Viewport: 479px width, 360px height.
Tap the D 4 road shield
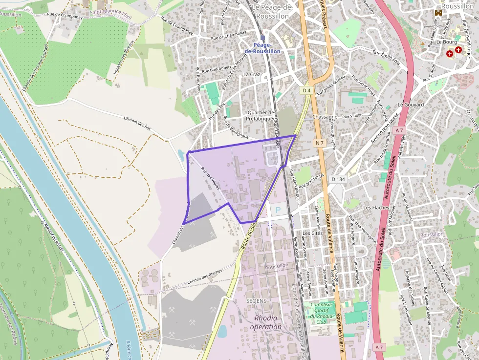tap(306, 90)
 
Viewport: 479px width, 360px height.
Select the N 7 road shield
tap(320, 143)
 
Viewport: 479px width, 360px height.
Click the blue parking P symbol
tap(278, 210)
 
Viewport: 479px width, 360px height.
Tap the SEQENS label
tap(257, 300)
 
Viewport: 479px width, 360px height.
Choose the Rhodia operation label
tap(266, 322)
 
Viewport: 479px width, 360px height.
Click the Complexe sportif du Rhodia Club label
tap(321, 313)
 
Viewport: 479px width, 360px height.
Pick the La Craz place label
tap(252, 74)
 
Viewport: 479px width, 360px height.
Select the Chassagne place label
tap(325, 117)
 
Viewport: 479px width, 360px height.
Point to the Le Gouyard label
tap(411, 105)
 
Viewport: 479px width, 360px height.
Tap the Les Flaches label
tap(376, 208)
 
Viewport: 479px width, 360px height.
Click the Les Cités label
tap(313, 233)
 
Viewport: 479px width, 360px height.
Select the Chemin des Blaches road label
tap(204, 278)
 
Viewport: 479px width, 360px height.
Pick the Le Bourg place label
tap(446, 42)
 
